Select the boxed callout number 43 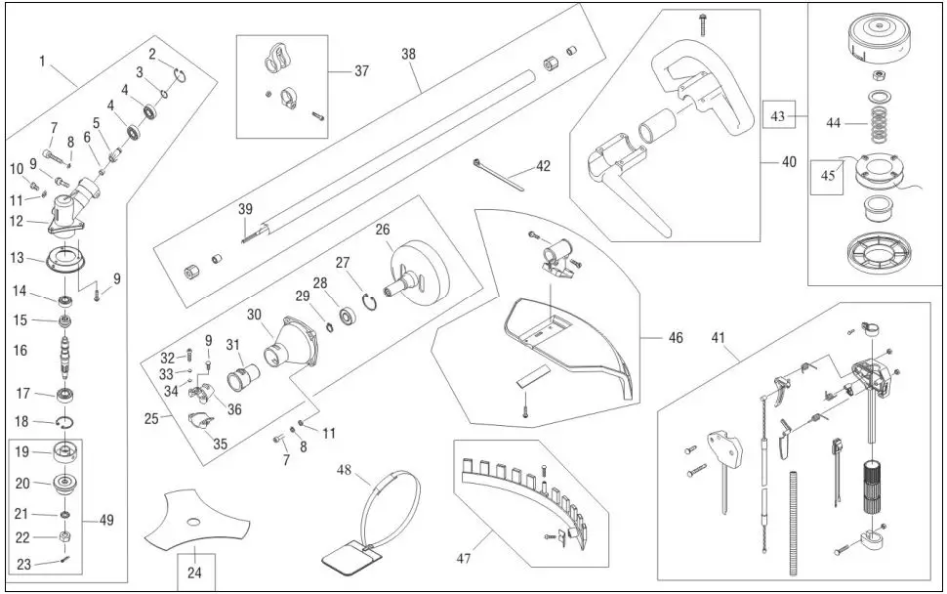coord(779,115)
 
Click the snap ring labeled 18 coord(65,421)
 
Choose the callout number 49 coord(106,520)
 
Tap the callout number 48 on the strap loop coord(343,469)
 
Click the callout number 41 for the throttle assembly coord(718,339)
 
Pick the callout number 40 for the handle coord(789,163)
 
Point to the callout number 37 coord(361,70)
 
